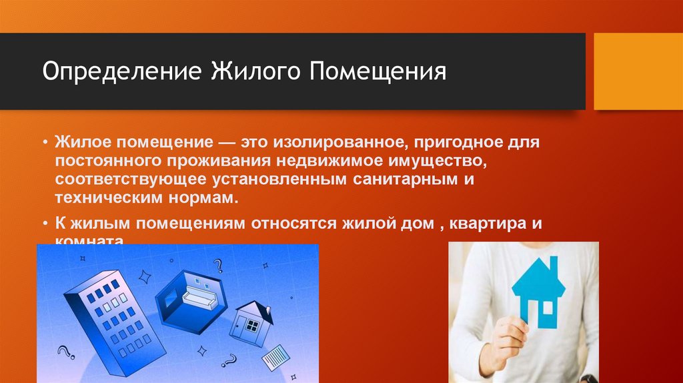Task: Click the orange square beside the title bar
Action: point(638,71)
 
